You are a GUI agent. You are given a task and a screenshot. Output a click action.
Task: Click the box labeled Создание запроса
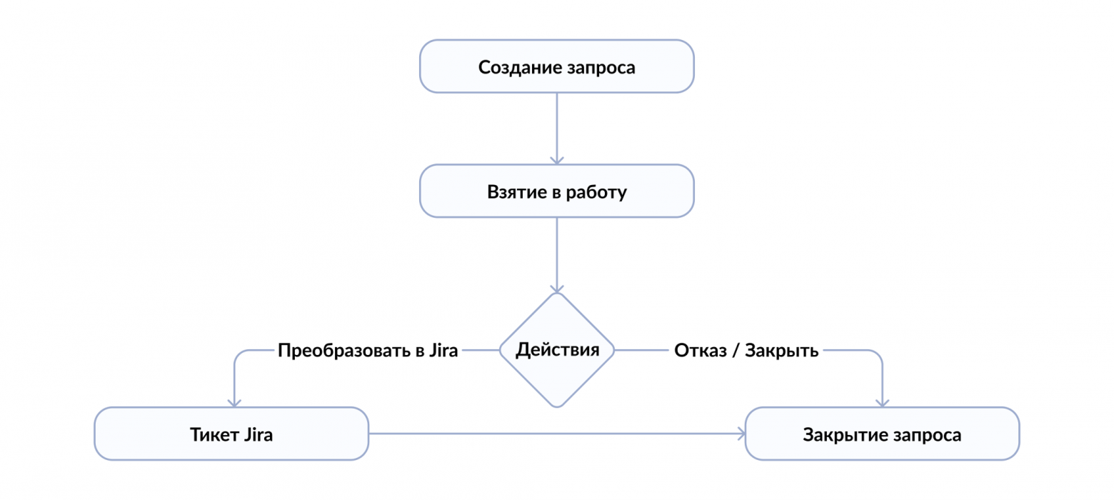point(556,66)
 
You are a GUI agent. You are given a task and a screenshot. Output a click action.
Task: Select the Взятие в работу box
point(556,191)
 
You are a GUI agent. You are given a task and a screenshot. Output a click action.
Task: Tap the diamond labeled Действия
point(556,350)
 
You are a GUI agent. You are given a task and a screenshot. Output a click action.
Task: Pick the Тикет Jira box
point(231,434)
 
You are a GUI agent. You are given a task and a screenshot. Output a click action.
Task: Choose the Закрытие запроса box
point(882,434)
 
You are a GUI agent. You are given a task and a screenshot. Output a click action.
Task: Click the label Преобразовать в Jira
point(368,351)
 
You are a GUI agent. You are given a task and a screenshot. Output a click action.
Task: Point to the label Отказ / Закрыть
point(746,351)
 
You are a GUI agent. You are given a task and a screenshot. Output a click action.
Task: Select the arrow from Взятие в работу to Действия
point(556,254)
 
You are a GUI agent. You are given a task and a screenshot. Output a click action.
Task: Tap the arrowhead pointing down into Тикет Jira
point(235,401)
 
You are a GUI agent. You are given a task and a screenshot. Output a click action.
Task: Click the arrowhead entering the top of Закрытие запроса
point(882,401)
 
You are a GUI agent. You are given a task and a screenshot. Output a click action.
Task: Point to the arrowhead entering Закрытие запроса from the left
point(740,434)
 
